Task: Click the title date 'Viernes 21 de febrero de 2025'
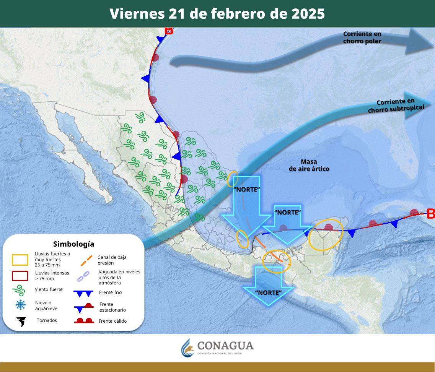(217, 14)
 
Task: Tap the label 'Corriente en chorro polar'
(362, 37)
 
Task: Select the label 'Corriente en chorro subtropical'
(396, 106)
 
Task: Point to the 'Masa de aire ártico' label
(309, 165)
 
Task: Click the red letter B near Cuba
(431, 214)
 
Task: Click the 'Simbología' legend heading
(73, 244)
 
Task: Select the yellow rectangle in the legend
(20, 260)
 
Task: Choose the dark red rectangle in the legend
(20, 276)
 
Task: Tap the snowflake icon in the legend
(20, 305)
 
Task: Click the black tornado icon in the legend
(21, 322)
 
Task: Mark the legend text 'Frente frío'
(110, 292)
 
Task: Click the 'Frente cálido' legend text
(112, 321)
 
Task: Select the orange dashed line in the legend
(86, 260)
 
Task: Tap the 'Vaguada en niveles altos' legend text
(119, 277)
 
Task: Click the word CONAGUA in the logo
(225, 346)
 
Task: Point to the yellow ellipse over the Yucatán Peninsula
(325, 235)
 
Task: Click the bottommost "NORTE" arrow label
(268, 292)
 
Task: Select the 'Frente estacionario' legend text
(112, 307)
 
